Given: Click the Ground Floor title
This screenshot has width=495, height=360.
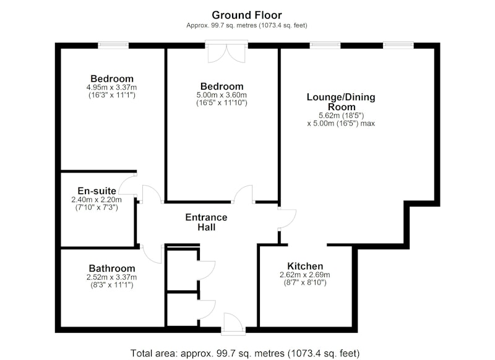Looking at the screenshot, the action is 246,15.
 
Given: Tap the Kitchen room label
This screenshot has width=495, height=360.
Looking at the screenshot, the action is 305,266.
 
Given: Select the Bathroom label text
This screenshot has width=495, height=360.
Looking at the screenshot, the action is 112,268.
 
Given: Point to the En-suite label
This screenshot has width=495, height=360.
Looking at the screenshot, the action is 97,191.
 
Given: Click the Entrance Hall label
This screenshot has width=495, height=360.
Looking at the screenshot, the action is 206,222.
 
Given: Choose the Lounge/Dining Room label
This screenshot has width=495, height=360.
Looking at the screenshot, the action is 341,101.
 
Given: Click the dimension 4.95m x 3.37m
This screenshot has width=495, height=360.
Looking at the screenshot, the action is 112,87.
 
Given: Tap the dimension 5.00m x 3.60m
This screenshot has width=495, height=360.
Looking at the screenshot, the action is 222,95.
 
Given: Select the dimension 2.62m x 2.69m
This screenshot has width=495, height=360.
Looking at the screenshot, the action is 305,275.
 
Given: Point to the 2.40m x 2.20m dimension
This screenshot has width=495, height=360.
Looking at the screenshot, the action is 97,200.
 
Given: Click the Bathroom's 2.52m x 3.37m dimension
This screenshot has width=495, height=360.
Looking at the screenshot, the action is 112,277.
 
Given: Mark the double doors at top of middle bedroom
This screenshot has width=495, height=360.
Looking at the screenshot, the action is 226,52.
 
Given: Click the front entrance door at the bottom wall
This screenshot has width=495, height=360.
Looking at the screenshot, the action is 233,324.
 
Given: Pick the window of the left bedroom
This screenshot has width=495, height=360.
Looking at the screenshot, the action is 113,45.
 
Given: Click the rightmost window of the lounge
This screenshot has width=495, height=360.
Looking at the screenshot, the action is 398,45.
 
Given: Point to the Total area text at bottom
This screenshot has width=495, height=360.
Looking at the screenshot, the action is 245,353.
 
